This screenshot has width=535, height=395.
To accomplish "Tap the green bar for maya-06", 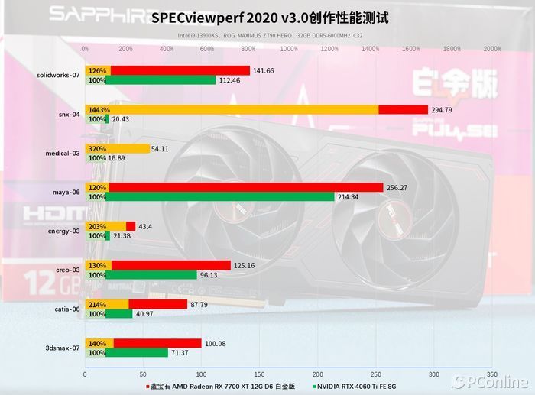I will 222,197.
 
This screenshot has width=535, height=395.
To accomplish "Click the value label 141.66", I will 264,70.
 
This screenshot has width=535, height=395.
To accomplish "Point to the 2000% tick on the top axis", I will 492,48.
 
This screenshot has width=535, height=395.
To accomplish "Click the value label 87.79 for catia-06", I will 201,304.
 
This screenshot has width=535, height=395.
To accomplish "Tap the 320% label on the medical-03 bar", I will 97,148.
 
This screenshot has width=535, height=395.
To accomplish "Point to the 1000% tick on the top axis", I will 289,48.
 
